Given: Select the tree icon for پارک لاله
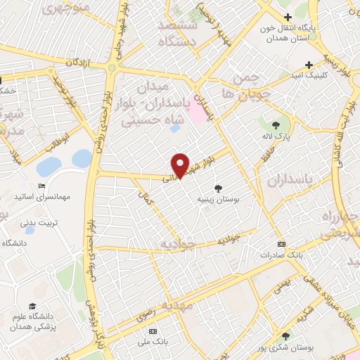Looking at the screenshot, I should (x=287, y=124).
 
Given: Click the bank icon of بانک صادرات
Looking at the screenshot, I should (x=282, y=244).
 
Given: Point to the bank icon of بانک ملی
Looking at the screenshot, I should (x=154, y=331).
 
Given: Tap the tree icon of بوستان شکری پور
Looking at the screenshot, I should (x=285, y=336).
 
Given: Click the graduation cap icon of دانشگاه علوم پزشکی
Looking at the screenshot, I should (x=32, y=307).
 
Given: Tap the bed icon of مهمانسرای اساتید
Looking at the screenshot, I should (x=42, y=186).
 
